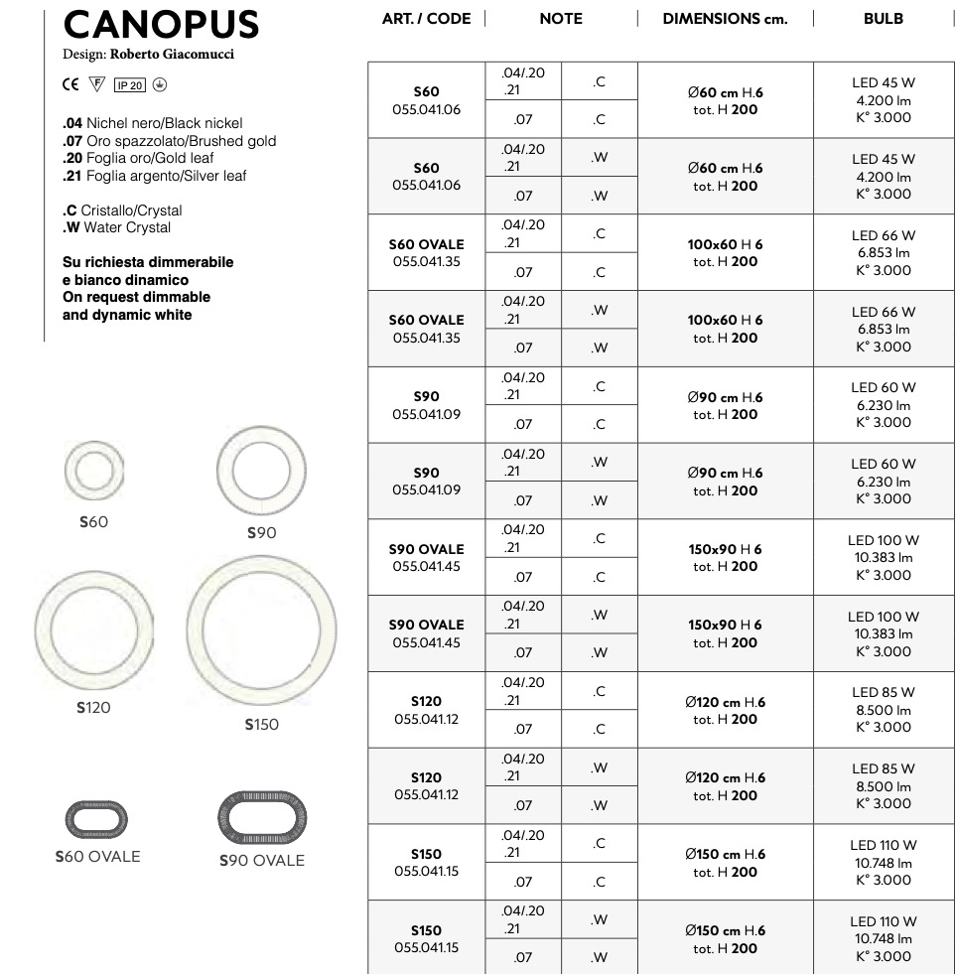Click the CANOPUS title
(x=161, y=24)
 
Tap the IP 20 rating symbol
(x=129, y=85)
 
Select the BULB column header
(x=883, y=19)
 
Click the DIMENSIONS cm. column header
(x=725, y=19)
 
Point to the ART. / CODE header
(x=426, y=19)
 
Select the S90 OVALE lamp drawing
(x=261, y=818)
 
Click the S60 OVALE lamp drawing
(x=96, y=818)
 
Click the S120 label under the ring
(x=93, y=708)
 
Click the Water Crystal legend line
(x=116, y=227)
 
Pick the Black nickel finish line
(x=152, y=123)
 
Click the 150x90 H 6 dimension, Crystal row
(x=725, y=549)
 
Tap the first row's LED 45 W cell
(x=883, y=82)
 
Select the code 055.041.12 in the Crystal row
(x=426, y=719)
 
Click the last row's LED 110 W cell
(x=883, y=921)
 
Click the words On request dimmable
(x=136, y=297)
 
